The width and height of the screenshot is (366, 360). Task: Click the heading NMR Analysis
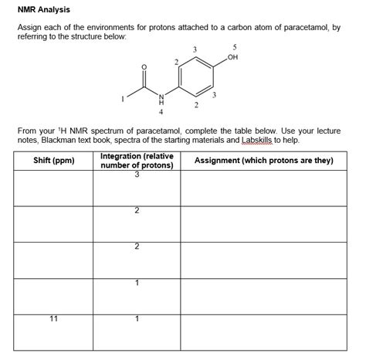[44, 9]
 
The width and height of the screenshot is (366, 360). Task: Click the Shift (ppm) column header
[53, 160]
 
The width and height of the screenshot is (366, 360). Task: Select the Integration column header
[137, 160]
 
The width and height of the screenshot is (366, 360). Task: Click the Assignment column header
[263, 160]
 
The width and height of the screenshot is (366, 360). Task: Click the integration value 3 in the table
[137, 175]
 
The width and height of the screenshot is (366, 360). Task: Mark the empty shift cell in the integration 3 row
[53, 189]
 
